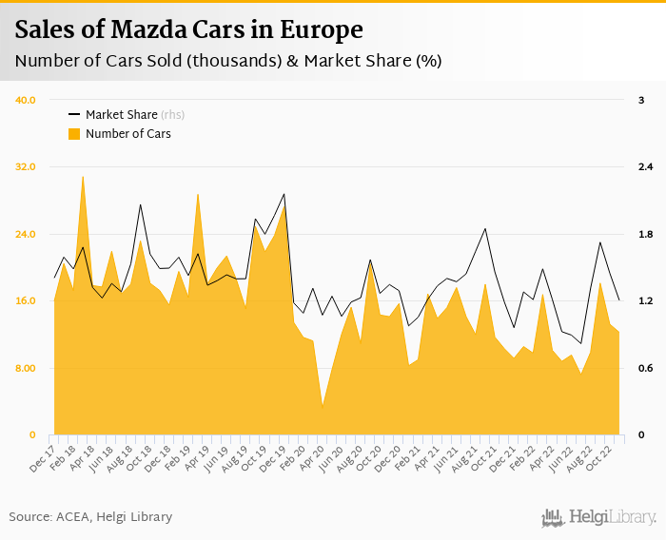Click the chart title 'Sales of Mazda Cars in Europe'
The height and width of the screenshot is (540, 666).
tap(188, 30)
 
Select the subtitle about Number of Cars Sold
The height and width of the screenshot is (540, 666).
tap(227, 62)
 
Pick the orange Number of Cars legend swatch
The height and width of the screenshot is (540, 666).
tap(74, 134)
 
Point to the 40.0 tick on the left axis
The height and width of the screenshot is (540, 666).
tap(26, 100)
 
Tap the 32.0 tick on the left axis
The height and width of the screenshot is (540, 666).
tap(26, 167)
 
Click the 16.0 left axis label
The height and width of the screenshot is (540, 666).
tap(26, 301)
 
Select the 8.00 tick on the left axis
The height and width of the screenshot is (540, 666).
tap(26, 369)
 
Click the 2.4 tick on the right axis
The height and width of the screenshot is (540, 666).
tap(644, 167)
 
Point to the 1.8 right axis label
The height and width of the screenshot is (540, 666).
tap(644, 235)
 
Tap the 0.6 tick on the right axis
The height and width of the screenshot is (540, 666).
tap(644, 369)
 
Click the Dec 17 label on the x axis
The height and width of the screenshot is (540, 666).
tap(42, 455)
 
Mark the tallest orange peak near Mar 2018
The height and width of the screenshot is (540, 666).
tap(83, 177)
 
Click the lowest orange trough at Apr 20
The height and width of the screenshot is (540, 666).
tap(323, 407)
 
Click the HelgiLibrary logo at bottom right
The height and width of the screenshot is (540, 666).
tap(599, 517)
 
